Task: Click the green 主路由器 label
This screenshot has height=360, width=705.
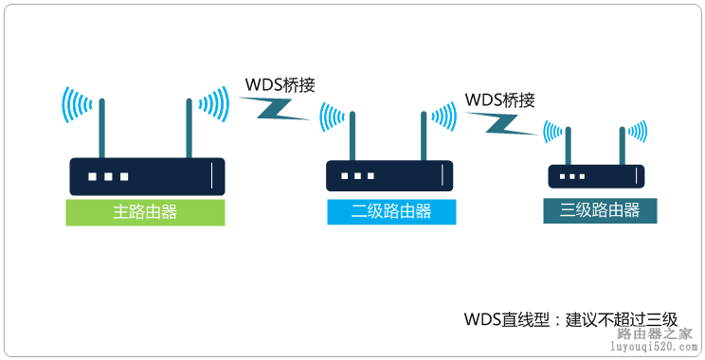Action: (146, 212)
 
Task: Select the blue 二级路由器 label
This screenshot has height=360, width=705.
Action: (391, 212)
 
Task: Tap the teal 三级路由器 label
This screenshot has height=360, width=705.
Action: (599, 210)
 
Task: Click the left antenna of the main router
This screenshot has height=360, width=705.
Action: (102, 128)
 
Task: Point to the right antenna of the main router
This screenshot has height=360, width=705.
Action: (190, 128)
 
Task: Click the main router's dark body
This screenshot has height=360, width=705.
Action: (147, 177)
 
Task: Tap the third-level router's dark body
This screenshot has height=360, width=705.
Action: (597, 176)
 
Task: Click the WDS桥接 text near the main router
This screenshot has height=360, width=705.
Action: (280, 84)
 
